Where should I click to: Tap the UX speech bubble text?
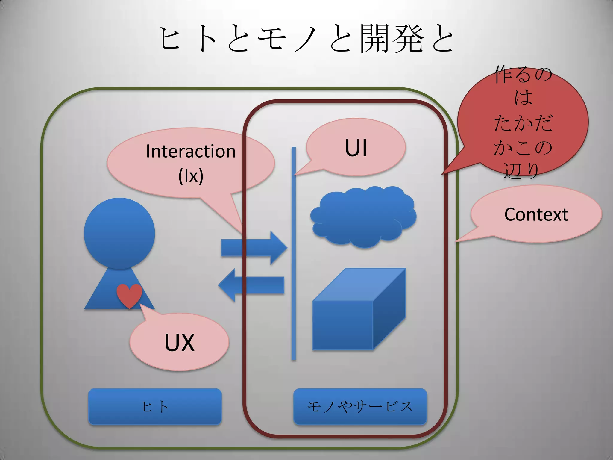[x=179, y=342]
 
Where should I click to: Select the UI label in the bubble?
[x=356, y=148]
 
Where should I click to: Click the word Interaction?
[x=191, y=151]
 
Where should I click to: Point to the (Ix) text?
[x=191, y=176]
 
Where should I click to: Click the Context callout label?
[x=536, y=214]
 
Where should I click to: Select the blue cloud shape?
[x=363, y=216]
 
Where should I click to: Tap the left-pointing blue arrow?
[x=251, y=285]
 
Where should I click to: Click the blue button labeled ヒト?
[x=155, y=406]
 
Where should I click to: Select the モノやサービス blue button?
[x=360, y=406]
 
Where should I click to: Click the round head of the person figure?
[x=119, y=233]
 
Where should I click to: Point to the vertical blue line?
[x=294, y=255]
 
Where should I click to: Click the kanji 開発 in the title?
[x=392, y=39]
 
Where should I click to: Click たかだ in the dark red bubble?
[x=523, y=123]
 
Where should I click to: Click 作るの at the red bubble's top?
[x=523, y=75]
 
